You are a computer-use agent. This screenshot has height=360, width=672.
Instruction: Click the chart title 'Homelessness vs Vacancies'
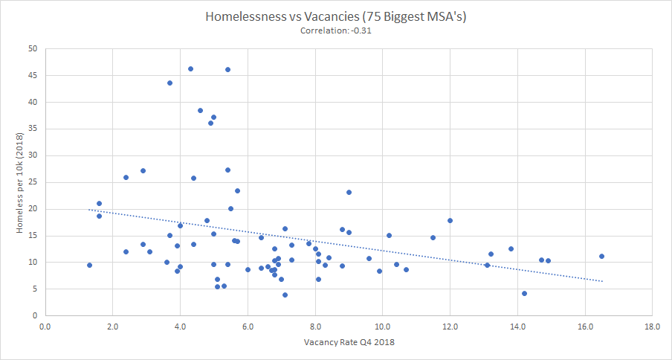tap(335, 16)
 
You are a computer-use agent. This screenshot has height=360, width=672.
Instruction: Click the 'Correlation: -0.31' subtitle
tap(335, 30)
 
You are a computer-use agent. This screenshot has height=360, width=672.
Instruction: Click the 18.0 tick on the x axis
tap(652, 326)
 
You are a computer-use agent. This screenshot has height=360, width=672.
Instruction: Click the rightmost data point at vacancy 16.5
tap(601, 256)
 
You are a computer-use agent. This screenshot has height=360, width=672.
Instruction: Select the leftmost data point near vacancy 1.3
tap(89, 265)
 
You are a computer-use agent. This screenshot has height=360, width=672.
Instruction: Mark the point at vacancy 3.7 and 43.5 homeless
tap(169, 83)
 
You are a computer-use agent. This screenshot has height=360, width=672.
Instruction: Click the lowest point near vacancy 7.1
tap(285, 295)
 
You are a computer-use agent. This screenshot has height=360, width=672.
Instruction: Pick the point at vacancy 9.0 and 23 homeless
tap(349, 192)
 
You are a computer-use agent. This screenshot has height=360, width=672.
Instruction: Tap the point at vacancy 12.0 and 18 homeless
tap(450, 220)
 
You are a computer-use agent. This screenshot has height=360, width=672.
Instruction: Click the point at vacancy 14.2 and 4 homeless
tap(524, 293)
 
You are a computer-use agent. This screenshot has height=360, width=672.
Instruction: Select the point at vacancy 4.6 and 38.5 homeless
tap(200, 110)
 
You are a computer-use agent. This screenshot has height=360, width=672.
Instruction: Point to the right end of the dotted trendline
tap(602, 281)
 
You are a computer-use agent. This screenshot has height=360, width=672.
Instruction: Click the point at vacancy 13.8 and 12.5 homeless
tap(511, 248)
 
